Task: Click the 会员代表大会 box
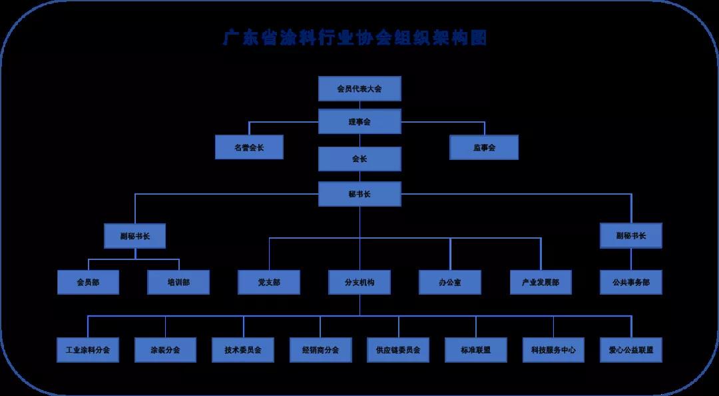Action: coord(359,89)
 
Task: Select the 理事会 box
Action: coord(359,122)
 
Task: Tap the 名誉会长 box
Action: coord(249,147)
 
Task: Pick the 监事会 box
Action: coord(484,147)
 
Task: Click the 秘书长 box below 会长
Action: coord(359,194)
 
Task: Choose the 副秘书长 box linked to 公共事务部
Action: coord(630,236)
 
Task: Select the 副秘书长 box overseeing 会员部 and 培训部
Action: coord(135,236)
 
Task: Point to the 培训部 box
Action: coord(178,283)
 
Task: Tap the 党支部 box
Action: coord(269,283)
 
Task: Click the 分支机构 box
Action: coord(360,283)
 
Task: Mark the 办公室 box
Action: coord(450,283)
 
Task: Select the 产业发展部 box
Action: coord(541,283)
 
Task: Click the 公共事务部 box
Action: coord(630,283)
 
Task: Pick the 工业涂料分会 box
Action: coord(88,350)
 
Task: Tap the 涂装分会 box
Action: coord(165,350)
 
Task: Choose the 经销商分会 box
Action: coord(320,350)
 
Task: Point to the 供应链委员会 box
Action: coord(398,350)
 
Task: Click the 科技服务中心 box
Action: coord(553,350)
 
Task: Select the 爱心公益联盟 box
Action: coord(631,350)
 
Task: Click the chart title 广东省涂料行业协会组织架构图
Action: coord(355,38)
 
